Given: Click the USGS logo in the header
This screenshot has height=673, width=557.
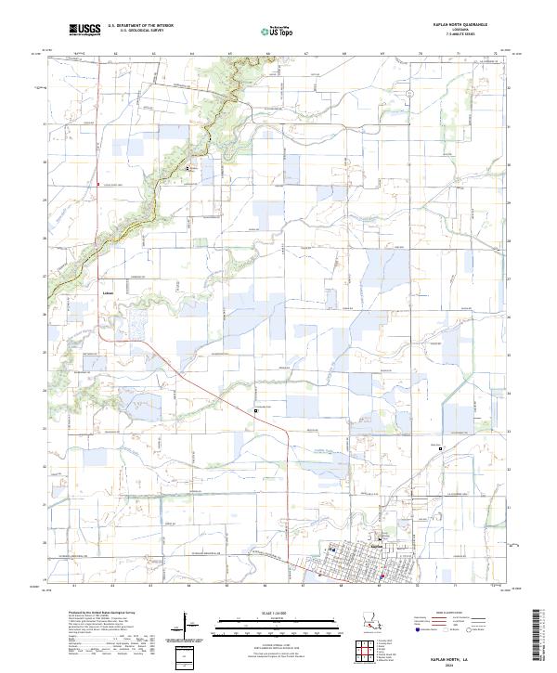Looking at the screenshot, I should [x=84, y=30].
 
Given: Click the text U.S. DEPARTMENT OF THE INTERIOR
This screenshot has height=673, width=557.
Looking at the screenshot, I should [x=140, y=25].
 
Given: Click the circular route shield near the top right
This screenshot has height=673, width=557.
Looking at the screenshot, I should [x=408, y=95].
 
